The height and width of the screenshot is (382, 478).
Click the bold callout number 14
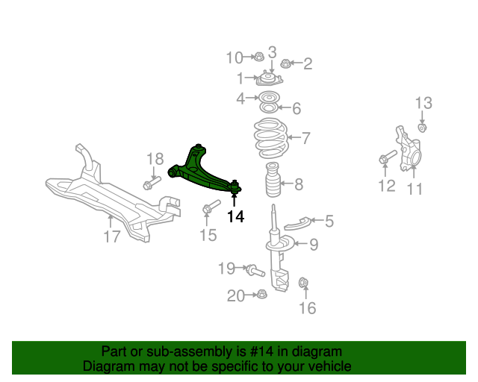coord(235,217)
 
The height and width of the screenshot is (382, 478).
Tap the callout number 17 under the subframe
coord(111,238)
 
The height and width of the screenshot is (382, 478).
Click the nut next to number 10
coord(257,57)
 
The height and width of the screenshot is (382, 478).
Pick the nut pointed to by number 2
coord(285,64)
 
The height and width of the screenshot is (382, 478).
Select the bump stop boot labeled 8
coord(273,182)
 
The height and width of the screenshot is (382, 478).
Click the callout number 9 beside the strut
coord(313,243)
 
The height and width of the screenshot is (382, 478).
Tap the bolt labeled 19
coord(252,269)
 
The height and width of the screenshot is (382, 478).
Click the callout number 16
coord(307,307)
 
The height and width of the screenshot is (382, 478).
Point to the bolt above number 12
coord(385,158)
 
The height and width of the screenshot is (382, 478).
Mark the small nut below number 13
coord(422,129)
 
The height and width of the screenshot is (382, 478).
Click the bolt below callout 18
coord(152,183)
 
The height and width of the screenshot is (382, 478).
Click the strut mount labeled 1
coord(266,79)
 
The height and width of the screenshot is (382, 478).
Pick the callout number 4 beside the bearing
coord(240,98)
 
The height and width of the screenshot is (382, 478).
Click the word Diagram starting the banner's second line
coord(108,366)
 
